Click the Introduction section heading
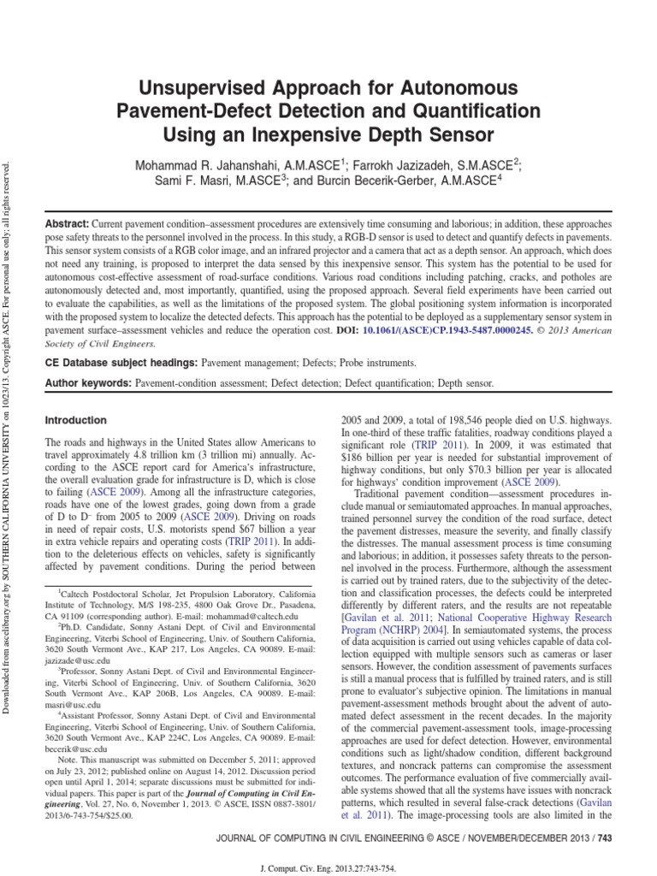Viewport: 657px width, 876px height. tap(75, 420)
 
